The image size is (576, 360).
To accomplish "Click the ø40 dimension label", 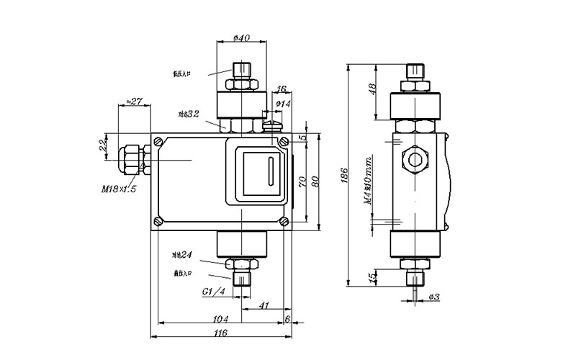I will (242, 38).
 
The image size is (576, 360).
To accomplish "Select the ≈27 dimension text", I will (133, 102).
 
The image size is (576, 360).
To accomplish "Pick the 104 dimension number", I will (221, 318).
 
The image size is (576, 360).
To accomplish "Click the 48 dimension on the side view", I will (372, 90).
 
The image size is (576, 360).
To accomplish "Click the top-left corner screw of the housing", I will (158, 140).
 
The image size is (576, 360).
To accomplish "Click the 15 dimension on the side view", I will (372, 276).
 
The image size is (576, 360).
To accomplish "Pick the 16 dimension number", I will (282, 89).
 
